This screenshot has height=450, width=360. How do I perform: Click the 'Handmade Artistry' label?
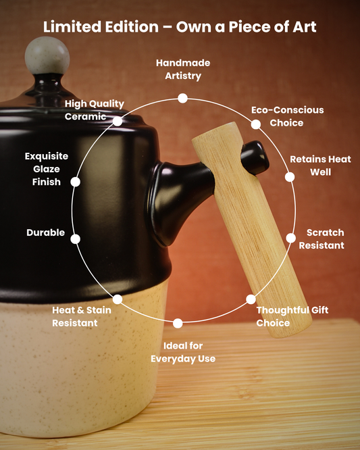pos(183,70)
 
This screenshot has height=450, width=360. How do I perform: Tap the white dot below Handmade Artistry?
pos(183,98)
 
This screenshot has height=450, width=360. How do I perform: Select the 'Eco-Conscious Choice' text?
pos(288,116)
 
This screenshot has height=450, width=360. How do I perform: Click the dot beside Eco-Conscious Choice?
pos(256,124)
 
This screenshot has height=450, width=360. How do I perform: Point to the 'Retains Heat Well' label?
pos(320,166)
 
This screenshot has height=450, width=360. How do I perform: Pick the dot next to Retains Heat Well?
pos(290,177)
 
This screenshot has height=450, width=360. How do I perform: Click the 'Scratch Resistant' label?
pos(322,239)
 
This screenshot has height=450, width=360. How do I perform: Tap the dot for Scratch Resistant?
pos(290,238)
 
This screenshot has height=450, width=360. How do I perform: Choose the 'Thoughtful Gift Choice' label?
pos(292,316)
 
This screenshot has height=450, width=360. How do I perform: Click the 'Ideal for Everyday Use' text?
pos(183,352)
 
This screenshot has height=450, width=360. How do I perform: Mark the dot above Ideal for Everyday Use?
pos(178,323)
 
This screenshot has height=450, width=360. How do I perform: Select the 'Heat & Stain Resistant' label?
pos(82,316)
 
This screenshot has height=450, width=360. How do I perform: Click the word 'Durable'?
pos(46,232)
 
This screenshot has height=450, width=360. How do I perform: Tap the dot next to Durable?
pos(76,239)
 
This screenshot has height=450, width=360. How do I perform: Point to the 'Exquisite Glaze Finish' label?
pos(47,169)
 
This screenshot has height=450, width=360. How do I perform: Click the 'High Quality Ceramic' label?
pos(94,110)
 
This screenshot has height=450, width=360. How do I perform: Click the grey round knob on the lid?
pos(47,55)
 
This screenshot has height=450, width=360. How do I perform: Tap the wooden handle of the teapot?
pos(251,230)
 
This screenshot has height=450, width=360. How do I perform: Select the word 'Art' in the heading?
pos(305,27)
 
